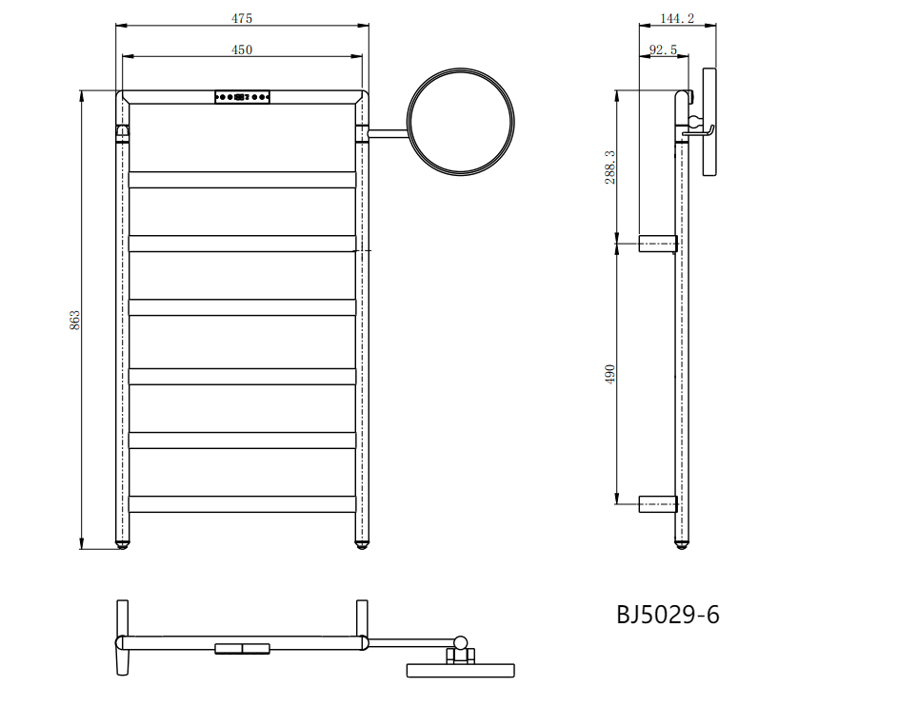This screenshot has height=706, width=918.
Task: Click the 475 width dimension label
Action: pos(241,18)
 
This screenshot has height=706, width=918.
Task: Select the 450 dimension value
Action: pos(241,49)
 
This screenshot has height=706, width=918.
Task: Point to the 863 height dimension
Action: pos(74,320)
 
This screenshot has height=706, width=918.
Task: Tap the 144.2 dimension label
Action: pos(677,18)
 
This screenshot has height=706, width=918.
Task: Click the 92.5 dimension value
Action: pos(664,49)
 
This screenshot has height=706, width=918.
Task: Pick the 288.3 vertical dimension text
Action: pos(609,167)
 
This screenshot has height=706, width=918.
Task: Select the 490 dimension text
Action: pos(609,374)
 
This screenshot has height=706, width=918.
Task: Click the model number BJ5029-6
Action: pos(668,615)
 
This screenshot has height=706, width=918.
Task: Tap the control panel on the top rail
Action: pos(242,97)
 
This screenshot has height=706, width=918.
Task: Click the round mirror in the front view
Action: pos(461,69)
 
